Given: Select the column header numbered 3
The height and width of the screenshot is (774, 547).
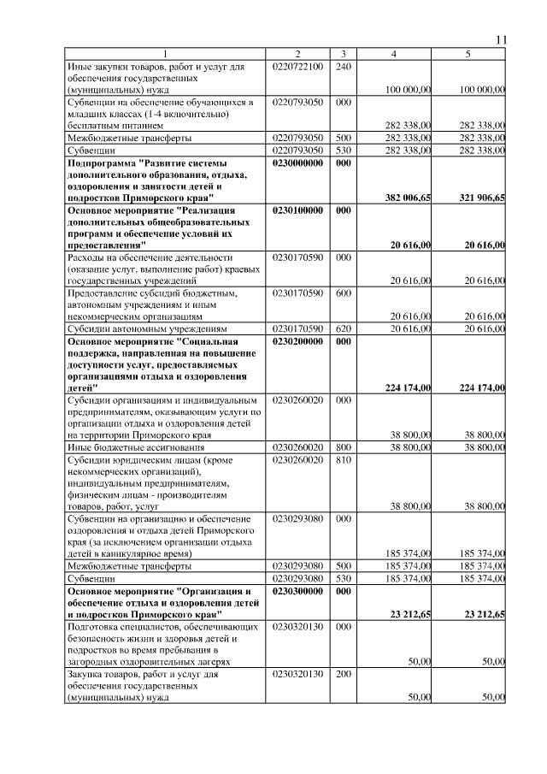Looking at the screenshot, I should tap(343, 55).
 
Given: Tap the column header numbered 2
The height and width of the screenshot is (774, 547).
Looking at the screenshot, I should tap(298, 55).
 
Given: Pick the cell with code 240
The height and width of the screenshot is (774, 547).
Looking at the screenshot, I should tap(343, 66).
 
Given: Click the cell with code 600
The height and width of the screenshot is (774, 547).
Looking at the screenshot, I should tap(343, 292).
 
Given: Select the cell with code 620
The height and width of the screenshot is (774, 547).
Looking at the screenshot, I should tap(343, 328).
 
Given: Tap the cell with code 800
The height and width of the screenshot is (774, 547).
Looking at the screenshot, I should tap(343, 447).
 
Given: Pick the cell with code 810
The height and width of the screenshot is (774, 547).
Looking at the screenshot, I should tap(343, 459).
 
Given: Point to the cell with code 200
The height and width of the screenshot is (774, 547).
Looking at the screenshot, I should tap(343, 674).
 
